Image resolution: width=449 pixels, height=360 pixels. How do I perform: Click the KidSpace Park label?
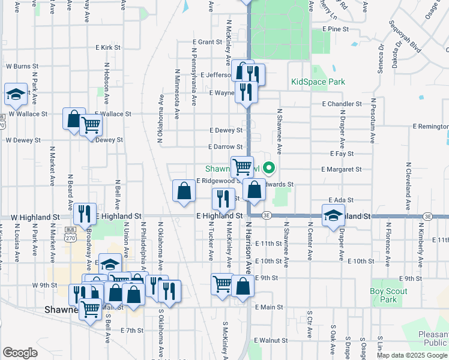coord(318,82)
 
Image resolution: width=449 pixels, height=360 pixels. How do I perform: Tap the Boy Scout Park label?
coord(388,295)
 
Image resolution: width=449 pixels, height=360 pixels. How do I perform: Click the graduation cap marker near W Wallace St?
coord(16,94)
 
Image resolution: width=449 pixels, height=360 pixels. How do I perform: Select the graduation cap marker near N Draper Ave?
coord(333,216)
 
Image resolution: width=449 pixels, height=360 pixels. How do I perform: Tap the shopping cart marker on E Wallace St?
coord(91,125)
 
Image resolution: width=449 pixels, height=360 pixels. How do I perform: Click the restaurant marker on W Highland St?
coord(85,213)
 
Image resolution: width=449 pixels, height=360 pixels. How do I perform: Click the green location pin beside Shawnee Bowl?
coord(270,168)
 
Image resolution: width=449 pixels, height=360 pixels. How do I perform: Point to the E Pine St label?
coord(335,28)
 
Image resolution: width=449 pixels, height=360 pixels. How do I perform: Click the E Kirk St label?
coord(108,47)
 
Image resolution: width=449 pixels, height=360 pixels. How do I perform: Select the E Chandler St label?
coord(342,104)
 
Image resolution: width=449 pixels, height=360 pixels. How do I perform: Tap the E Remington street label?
coord(430,127)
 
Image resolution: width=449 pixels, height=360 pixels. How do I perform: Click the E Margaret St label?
coord(341,170)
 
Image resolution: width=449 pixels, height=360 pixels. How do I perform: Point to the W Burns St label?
coord(22,66)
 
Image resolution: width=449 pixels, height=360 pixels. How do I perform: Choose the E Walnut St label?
coord(272,340)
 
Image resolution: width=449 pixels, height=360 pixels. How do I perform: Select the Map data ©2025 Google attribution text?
coord(412,355)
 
